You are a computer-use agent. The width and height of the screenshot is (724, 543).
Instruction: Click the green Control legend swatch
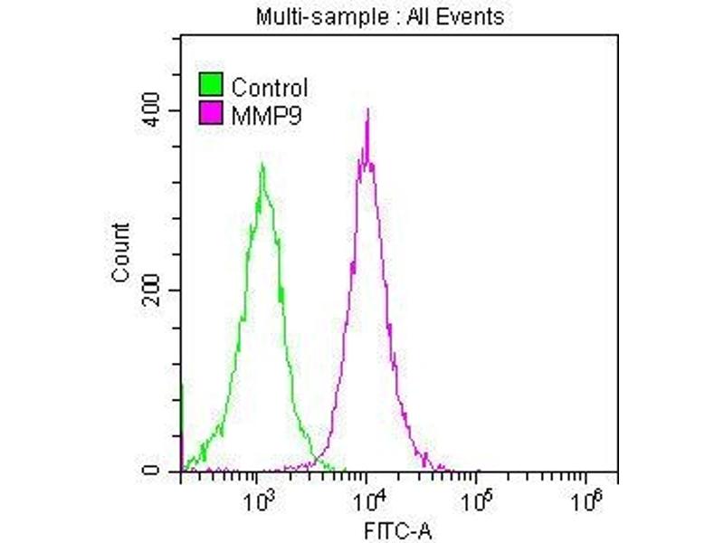[211, 86]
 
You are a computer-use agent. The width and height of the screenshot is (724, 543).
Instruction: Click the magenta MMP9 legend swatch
[211, 113]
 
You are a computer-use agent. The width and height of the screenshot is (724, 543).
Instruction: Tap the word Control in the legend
[270, 88]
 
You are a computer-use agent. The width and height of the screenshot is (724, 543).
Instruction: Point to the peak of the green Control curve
[262, 166]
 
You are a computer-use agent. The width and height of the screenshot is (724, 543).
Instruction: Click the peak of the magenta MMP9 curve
[367, 110]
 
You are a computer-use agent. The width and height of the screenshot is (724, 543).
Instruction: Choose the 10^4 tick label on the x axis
[369, 499]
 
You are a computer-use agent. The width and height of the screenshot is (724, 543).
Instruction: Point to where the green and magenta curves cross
[316, 455]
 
